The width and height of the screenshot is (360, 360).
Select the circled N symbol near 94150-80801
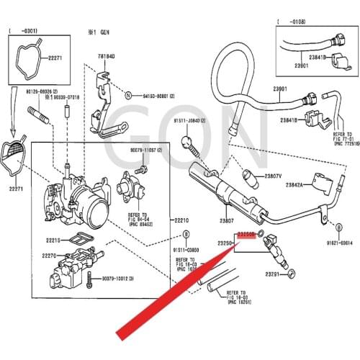pos(127,95)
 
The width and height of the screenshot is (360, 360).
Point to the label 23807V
pos(272,176)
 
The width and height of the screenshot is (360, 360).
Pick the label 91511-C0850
pos(186,251)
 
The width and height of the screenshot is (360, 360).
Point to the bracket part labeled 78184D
pos(106,101)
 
